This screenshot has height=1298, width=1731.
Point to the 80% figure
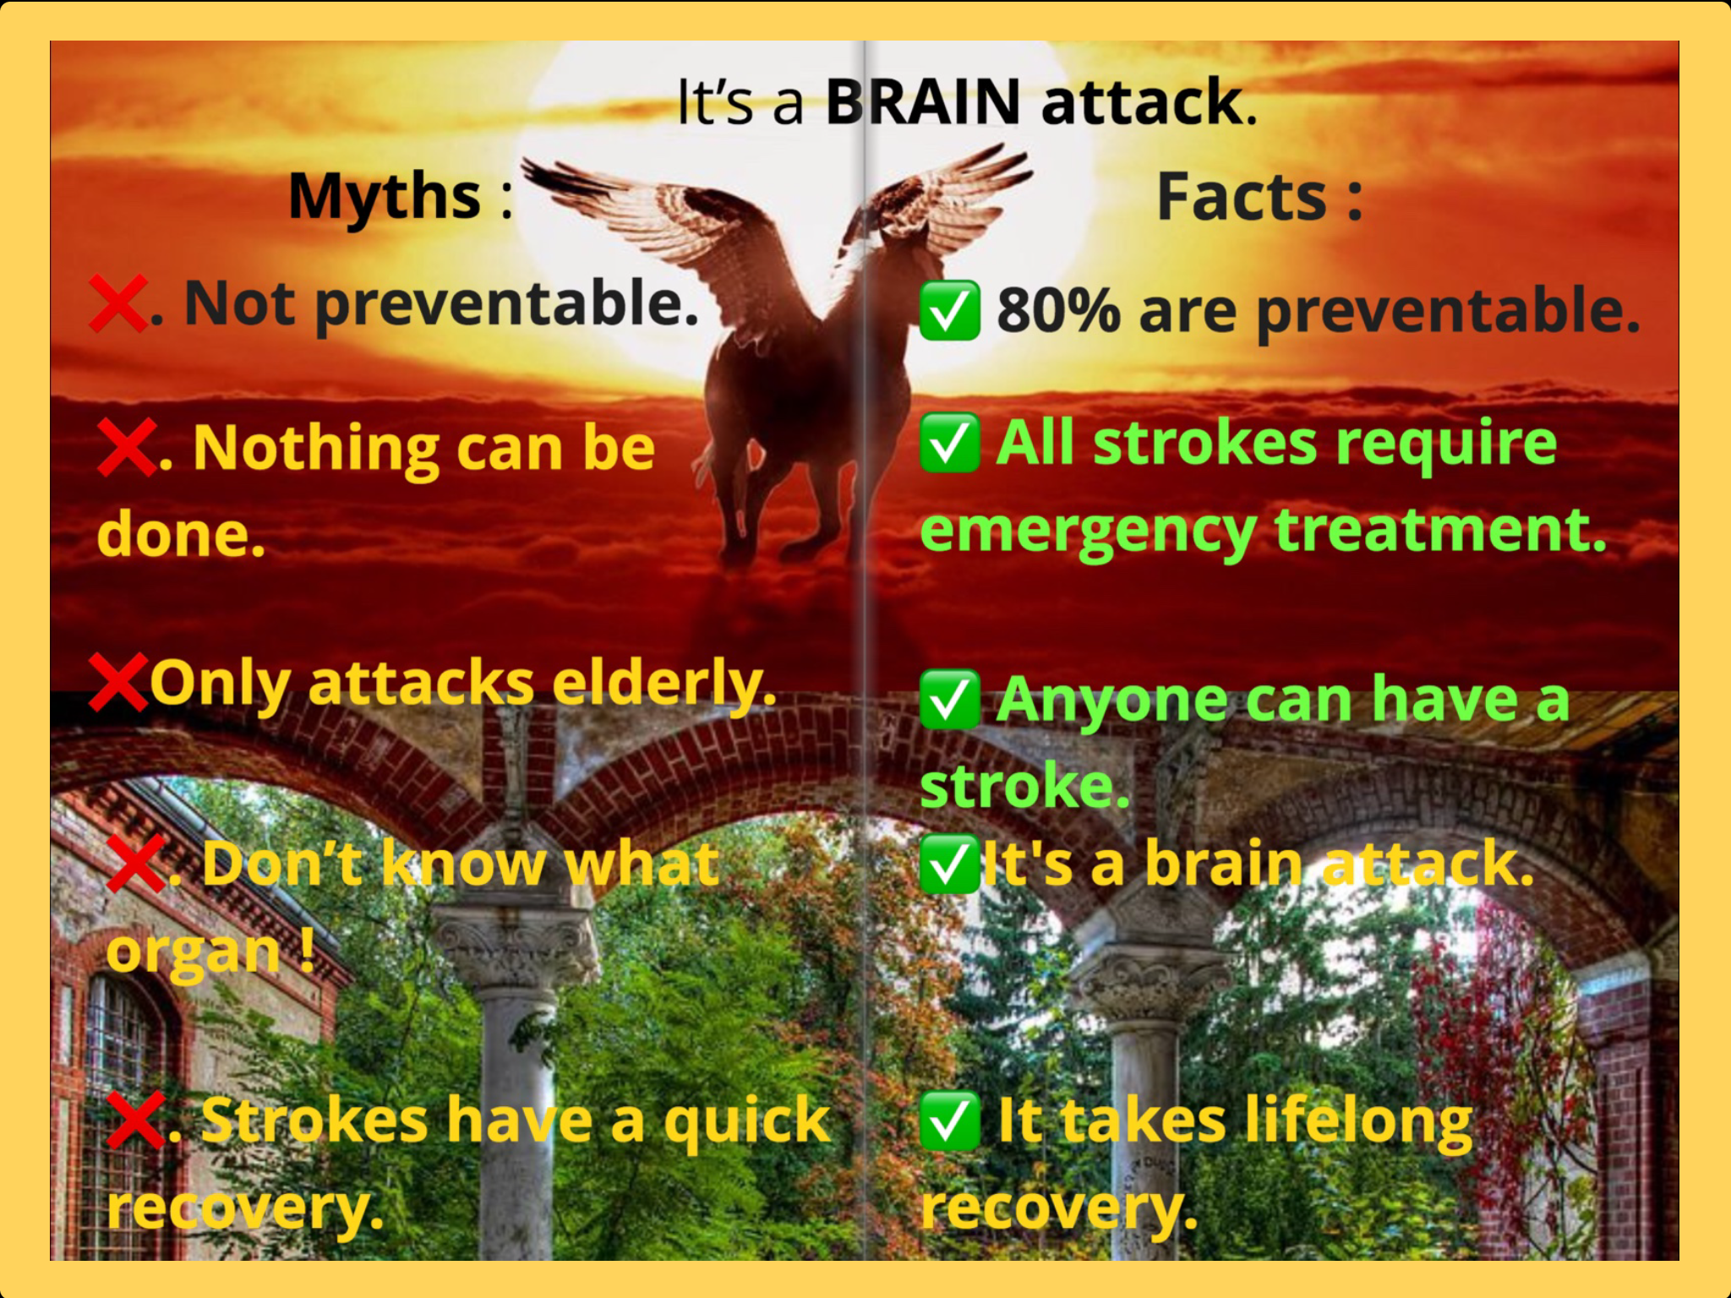(1059, 310)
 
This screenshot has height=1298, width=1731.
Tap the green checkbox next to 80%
(950, 310)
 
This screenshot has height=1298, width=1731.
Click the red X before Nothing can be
(127, 447)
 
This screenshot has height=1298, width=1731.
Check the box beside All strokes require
(950, 443)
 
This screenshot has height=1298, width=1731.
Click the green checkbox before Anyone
(950, 700)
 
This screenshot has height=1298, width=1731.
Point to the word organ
(194, 953)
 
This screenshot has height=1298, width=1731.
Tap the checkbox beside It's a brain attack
(950, 864)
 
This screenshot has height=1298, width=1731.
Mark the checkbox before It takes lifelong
(950, 1121)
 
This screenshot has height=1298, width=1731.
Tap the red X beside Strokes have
(136, 1121)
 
